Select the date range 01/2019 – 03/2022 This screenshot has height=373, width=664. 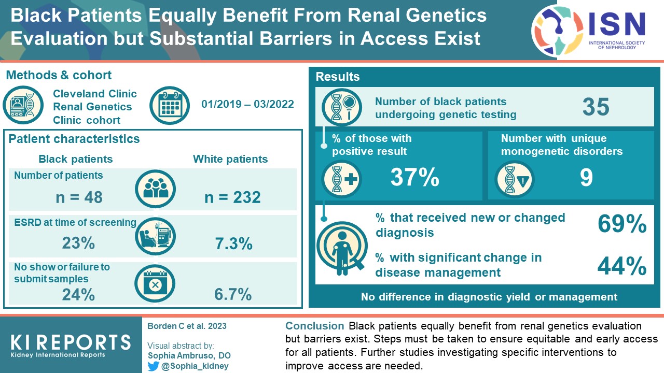(x=247, y=104)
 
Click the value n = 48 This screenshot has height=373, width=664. (x=79, y=197)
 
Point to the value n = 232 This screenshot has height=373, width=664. (x=232, y=197)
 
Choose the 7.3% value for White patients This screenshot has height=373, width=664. (x=233, y=243)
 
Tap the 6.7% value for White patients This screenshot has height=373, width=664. (x=233, y=294)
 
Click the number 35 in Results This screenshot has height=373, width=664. (x=596, y=107)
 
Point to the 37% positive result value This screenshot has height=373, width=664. (x=415, y=178)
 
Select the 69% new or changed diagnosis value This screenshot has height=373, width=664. (x=622, y=224)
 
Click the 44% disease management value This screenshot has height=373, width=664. (x=622, y=266)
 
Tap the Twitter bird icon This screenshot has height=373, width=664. (x=154, y=366)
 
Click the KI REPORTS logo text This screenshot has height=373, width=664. (x=71, y=342)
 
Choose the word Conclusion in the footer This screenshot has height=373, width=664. (x=314, y=326)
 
